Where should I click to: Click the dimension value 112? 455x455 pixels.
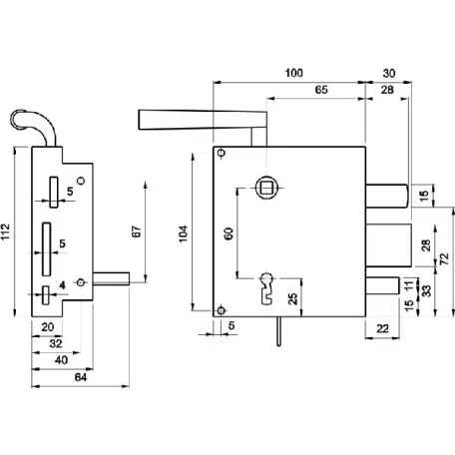pyautogui.click(x=6, y=231)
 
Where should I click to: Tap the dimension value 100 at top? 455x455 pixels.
pyautogui.click(x=294, y=73)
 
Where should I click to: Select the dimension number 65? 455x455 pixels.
pyautogui.click(x=321, y=90)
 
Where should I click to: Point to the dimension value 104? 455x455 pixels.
pyautogui.click(x=184, y=233)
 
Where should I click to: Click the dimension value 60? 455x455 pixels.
pyautogui.click(x=228, y=233)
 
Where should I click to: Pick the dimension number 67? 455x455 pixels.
pyautogui.click(x=137, y=231)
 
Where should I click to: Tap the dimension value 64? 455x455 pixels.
pyautogui.click(x=81, y=377)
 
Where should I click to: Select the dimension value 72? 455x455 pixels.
pyautogui.click(x=445, y=258)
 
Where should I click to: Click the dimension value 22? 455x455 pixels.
pyautogui.click(x=382, y=328)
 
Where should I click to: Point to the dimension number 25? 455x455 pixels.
pyautogui.click(x=292, y=298)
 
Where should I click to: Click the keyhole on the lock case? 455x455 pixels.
pyautogui.click(x=266, y=288)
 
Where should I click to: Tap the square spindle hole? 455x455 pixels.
pyautogui.click(x=266, y=188)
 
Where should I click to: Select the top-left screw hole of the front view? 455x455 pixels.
pyautogui.click(x=222, y=153)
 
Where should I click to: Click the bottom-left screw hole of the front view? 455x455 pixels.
pyautogui.click(x=222, y=310)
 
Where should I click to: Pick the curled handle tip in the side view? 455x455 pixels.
pyautogui.click(x=17, y=117)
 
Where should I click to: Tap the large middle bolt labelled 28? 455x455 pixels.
pyautogui.click(x=389, y=245)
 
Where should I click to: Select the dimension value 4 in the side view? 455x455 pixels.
pyautogui.click(x=62, y=285)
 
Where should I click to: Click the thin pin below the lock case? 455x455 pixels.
pyautogui.click(x=278, y=331)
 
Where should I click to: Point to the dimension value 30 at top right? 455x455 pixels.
pyautogui.click(x=389, y=73)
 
